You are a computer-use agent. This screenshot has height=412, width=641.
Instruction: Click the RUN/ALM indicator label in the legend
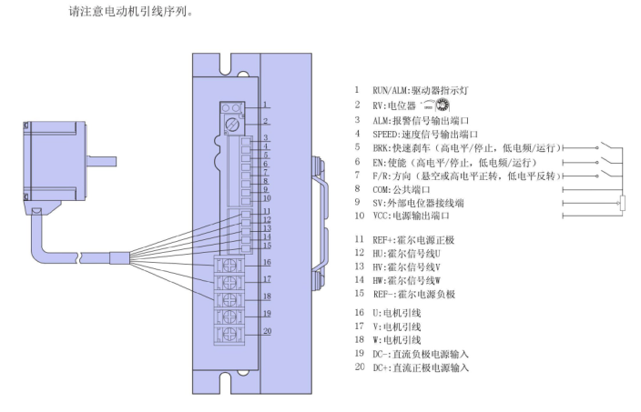point(420,91)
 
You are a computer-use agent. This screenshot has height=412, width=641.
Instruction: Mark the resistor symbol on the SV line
point(622,203)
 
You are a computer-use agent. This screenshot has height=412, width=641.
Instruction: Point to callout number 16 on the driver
point(266,262)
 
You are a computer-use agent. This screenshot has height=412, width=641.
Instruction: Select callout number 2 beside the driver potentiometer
point(266,120)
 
